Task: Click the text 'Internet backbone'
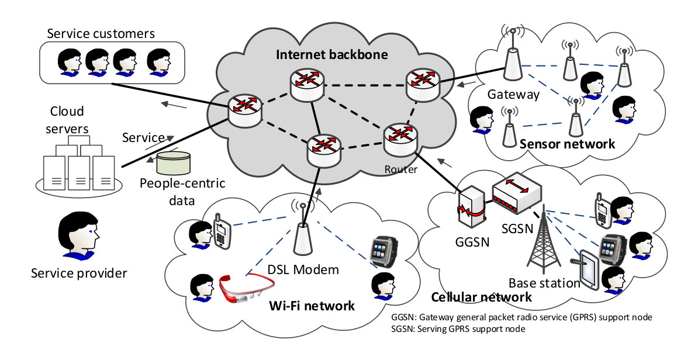tap(332, 54)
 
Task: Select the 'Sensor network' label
tap(567, 144)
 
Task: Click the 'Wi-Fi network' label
tap(312, 306)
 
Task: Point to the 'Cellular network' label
tap(481, 297)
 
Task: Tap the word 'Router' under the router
tap(400, 169)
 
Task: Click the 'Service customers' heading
tap(101, 33)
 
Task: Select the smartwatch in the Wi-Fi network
tap(383, 252)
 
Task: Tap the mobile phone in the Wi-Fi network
tap(222, 231)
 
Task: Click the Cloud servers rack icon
tap(79, 164)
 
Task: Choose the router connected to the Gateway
tap(423, 85)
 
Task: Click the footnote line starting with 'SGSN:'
tap(458, 328)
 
